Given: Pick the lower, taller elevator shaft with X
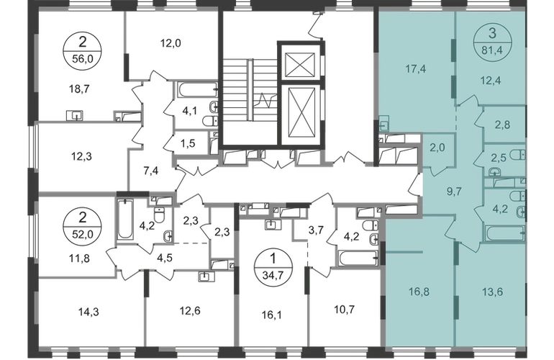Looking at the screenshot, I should coord(298,115).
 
